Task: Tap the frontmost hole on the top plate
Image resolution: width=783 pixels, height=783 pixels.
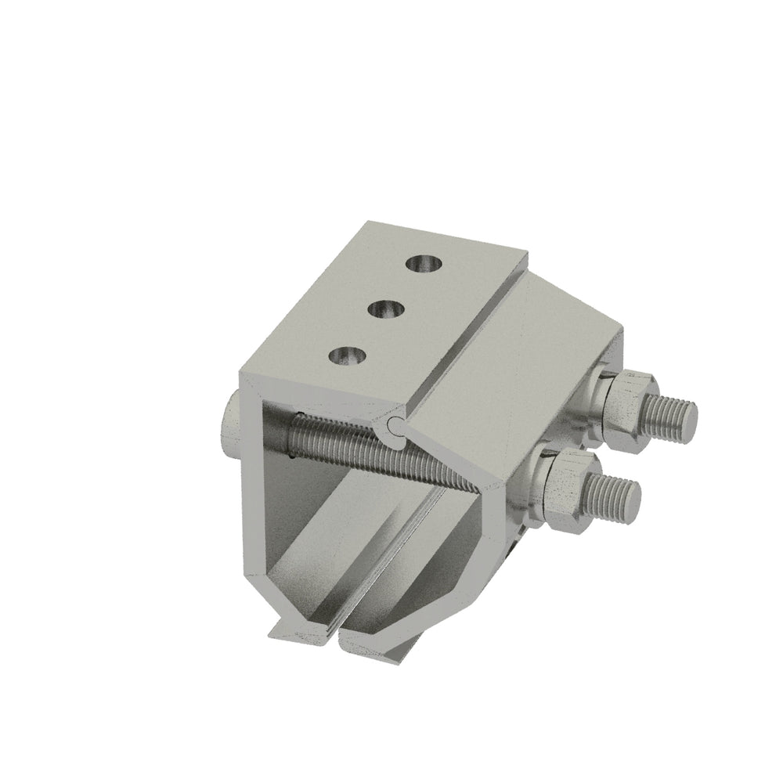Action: pos(345,357)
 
